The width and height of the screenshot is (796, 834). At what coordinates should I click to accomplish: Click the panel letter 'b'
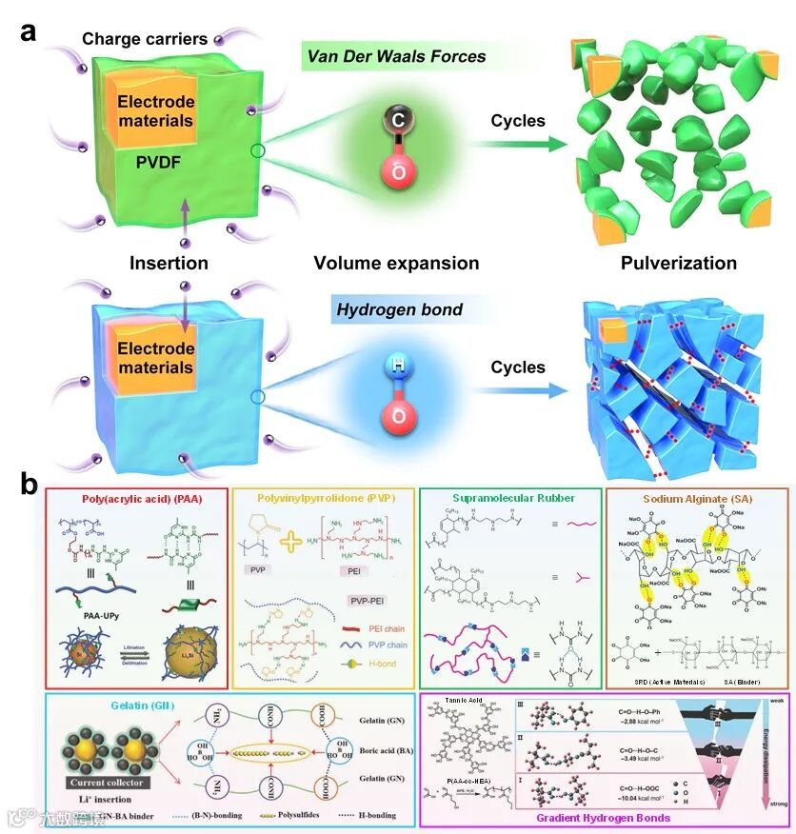[x=30, y=484]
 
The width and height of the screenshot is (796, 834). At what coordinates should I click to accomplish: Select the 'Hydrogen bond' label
[x=390, y=310]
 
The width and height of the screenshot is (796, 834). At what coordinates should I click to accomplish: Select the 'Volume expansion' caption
[x=396, y=262]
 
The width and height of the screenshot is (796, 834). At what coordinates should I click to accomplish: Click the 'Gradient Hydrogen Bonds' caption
[x=602, y=817]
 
